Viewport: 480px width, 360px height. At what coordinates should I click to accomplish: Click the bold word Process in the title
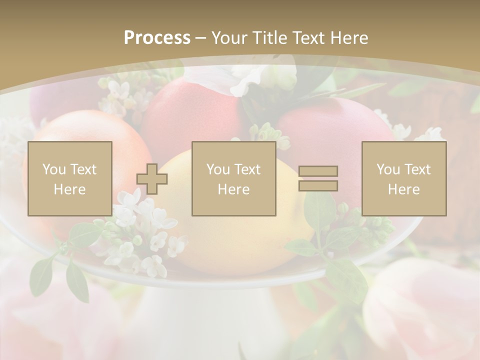(157, 38)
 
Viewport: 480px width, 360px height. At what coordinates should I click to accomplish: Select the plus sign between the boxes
(152, 179)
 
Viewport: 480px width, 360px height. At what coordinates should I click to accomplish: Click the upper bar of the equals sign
(318, 171)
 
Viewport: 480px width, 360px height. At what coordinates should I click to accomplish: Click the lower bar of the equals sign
(318, 185)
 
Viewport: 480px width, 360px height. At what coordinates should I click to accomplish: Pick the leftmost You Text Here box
(69, 178)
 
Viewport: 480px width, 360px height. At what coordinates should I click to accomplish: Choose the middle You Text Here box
(233, 178)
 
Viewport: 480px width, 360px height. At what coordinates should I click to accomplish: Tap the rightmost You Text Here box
(404, 178)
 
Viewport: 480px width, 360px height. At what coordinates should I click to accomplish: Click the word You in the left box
(53, 169)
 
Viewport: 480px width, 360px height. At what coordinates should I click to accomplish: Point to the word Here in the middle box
(233, 189)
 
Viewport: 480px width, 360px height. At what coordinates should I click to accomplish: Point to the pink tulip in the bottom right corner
(425, 310)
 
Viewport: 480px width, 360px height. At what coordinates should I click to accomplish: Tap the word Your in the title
(231, 38)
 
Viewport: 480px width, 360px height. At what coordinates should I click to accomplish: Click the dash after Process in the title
(201, 38)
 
